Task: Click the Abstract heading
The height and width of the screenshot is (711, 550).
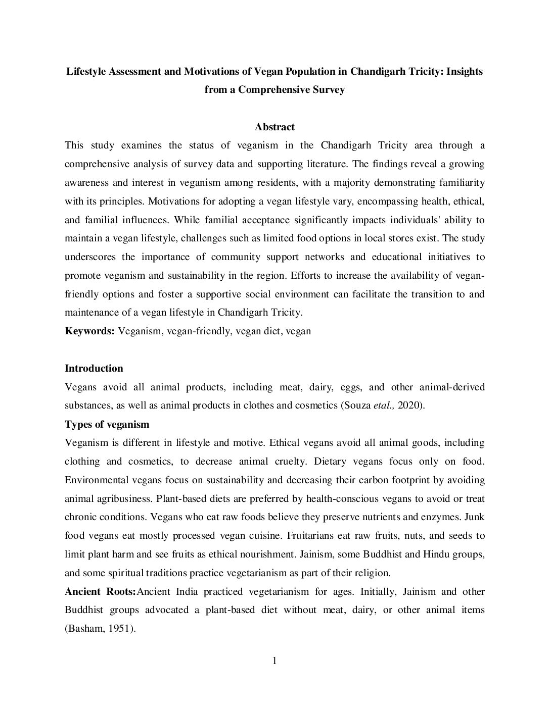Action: pyautogui.click(x=274, y=127)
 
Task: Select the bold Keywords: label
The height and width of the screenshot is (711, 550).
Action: pyautogui.click(x=89, y=331)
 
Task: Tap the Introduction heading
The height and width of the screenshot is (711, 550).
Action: pyautogui.click(x=94, y=369)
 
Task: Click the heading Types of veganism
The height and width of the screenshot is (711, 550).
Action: pyautogui.click(x=107, y=424)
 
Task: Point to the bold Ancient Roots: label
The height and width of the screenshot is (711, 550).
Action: pyautogui.click(x=100, y=591)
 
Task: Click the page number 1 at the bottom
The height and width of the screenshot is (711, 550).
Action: pyautogui.click(x=274, y=661)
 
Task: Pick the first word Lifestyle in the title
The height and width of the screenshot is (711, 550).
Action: pyautogui.click(x=86, y=71)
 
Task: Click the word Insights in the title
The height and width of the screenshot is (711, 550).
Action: pyautogui.click(x=464, y=71)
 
